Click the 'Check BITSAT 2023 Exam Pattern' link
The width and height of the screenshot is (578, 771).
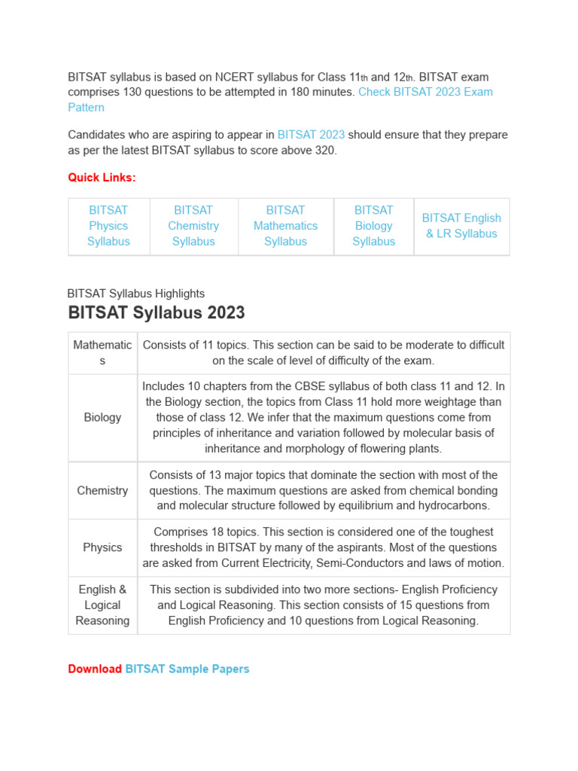tap(425, 92)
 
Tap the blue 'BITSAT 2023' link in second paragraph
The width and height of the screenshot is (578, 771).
tap(311, 135)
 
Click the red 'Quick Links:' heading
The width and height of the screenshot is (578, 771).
tap(102, 178)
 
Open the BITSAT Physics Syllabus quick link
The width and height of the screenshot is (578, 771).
tap(108, 226)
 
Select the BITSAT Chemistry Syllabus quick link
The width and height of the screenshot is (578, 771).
tap(193, 226)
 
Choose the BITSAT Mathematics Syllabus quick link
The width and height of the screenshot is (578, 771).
tap(285, 226)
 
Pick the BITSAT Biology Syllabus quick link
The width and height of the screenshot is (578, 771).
tap(373, 226)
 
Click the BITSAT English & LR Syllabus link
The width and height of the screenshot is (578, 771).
tap(461, 226)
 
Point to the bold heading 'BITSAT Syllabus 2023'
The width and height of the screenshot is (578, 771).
tap(157, 312)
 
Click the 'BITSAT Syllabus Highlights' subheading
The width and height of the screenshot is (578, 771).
tap(136, 294)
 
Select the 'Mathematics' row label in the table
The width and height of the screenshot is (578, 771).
tap(102, 352)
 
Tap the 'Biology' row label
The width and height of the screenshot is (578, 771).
tap(102, 417)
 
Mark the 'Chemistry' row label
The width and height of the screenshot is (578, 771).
tap(102, 490)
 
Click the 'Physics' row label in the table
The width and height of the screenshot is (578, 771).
tap(102, 547)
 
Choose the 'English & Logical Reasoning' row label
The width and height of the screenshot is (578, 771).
tap(102, 605)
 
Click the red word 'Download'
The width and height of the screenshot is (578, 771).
tap(95, 669)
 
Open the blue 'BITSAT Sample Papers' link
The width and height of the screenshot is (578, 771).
tap(187, 669)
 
